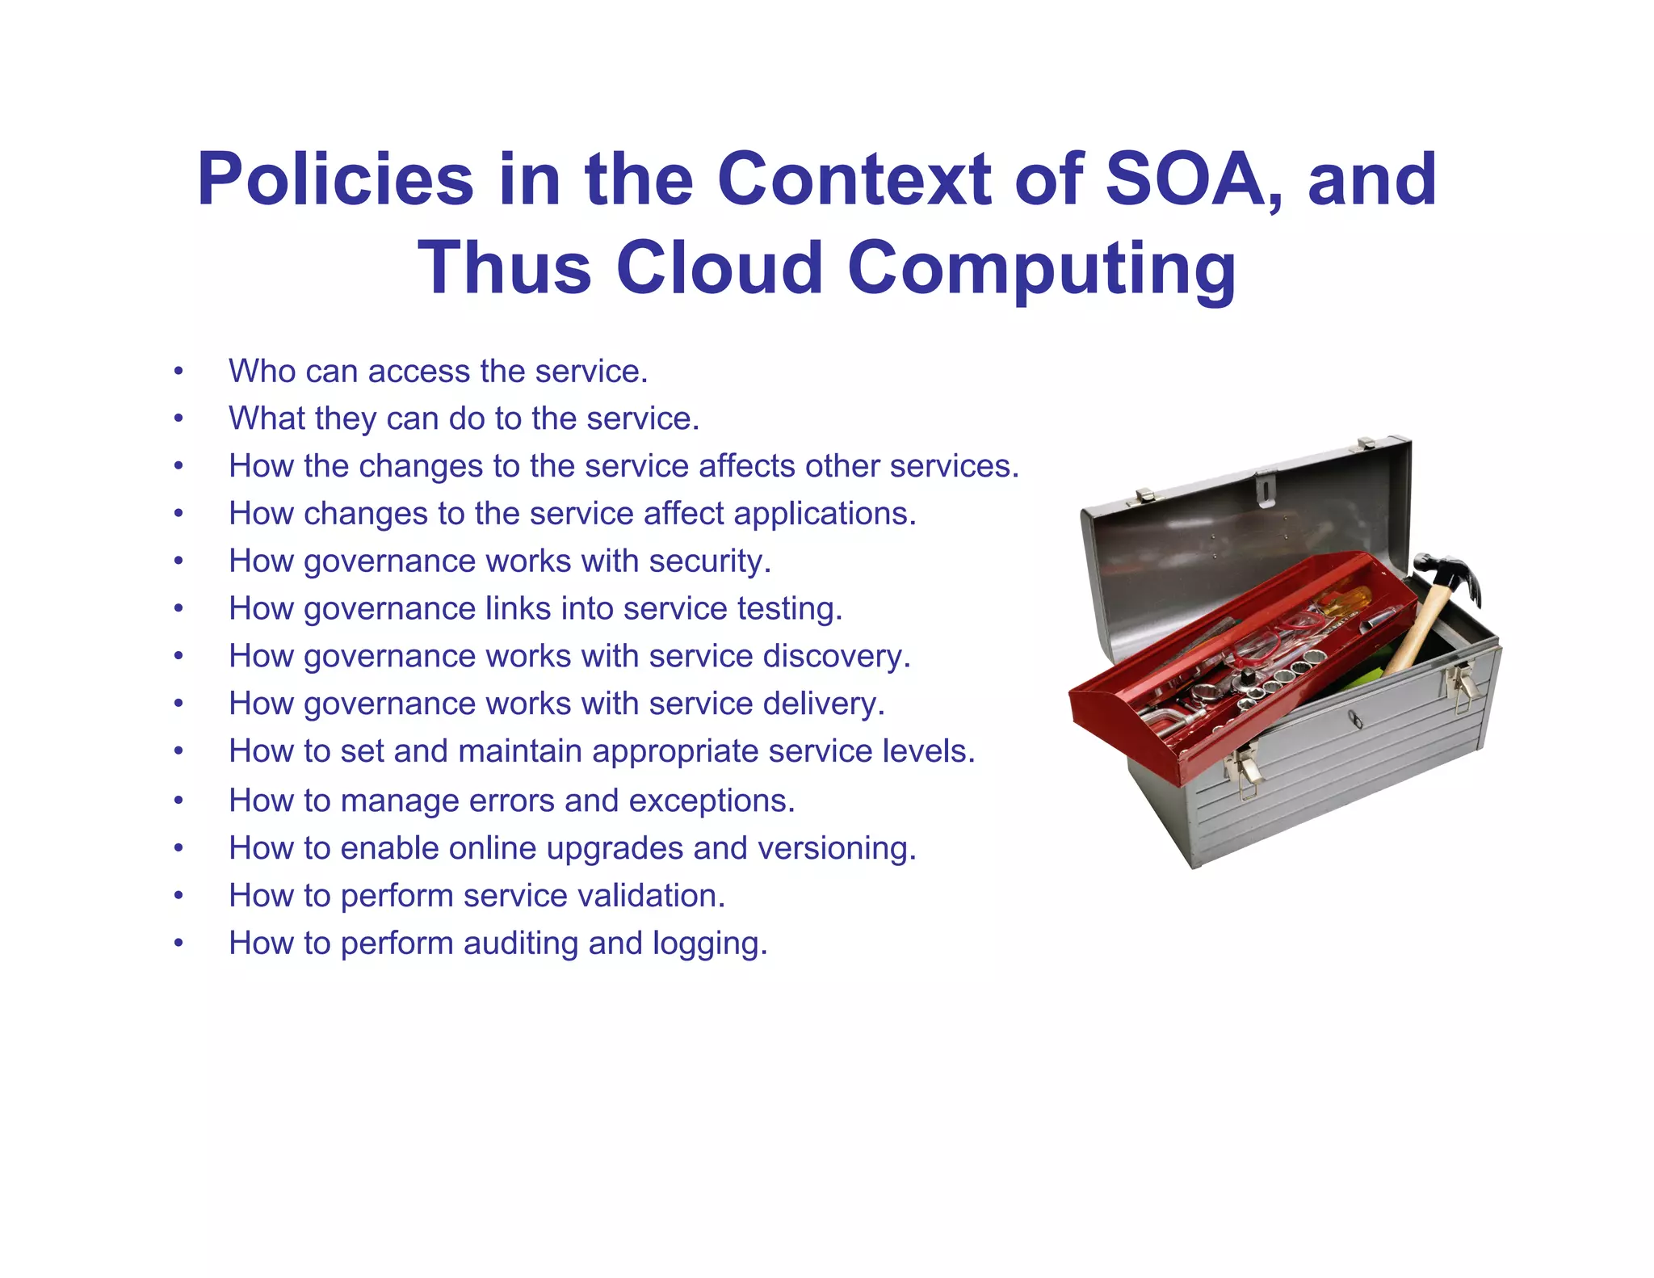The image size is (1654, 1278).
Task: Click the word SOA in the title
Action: point(1182,179)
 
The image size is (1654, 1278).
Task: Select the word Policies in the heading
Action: point(335,179)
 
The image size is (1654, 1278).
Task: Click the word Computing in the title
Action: point(1041,270)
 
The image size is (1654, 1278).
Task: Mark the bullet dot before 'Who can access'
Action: point(178,372)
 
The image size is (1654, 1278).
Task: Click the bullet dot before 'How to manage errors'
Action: point(178,801)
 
